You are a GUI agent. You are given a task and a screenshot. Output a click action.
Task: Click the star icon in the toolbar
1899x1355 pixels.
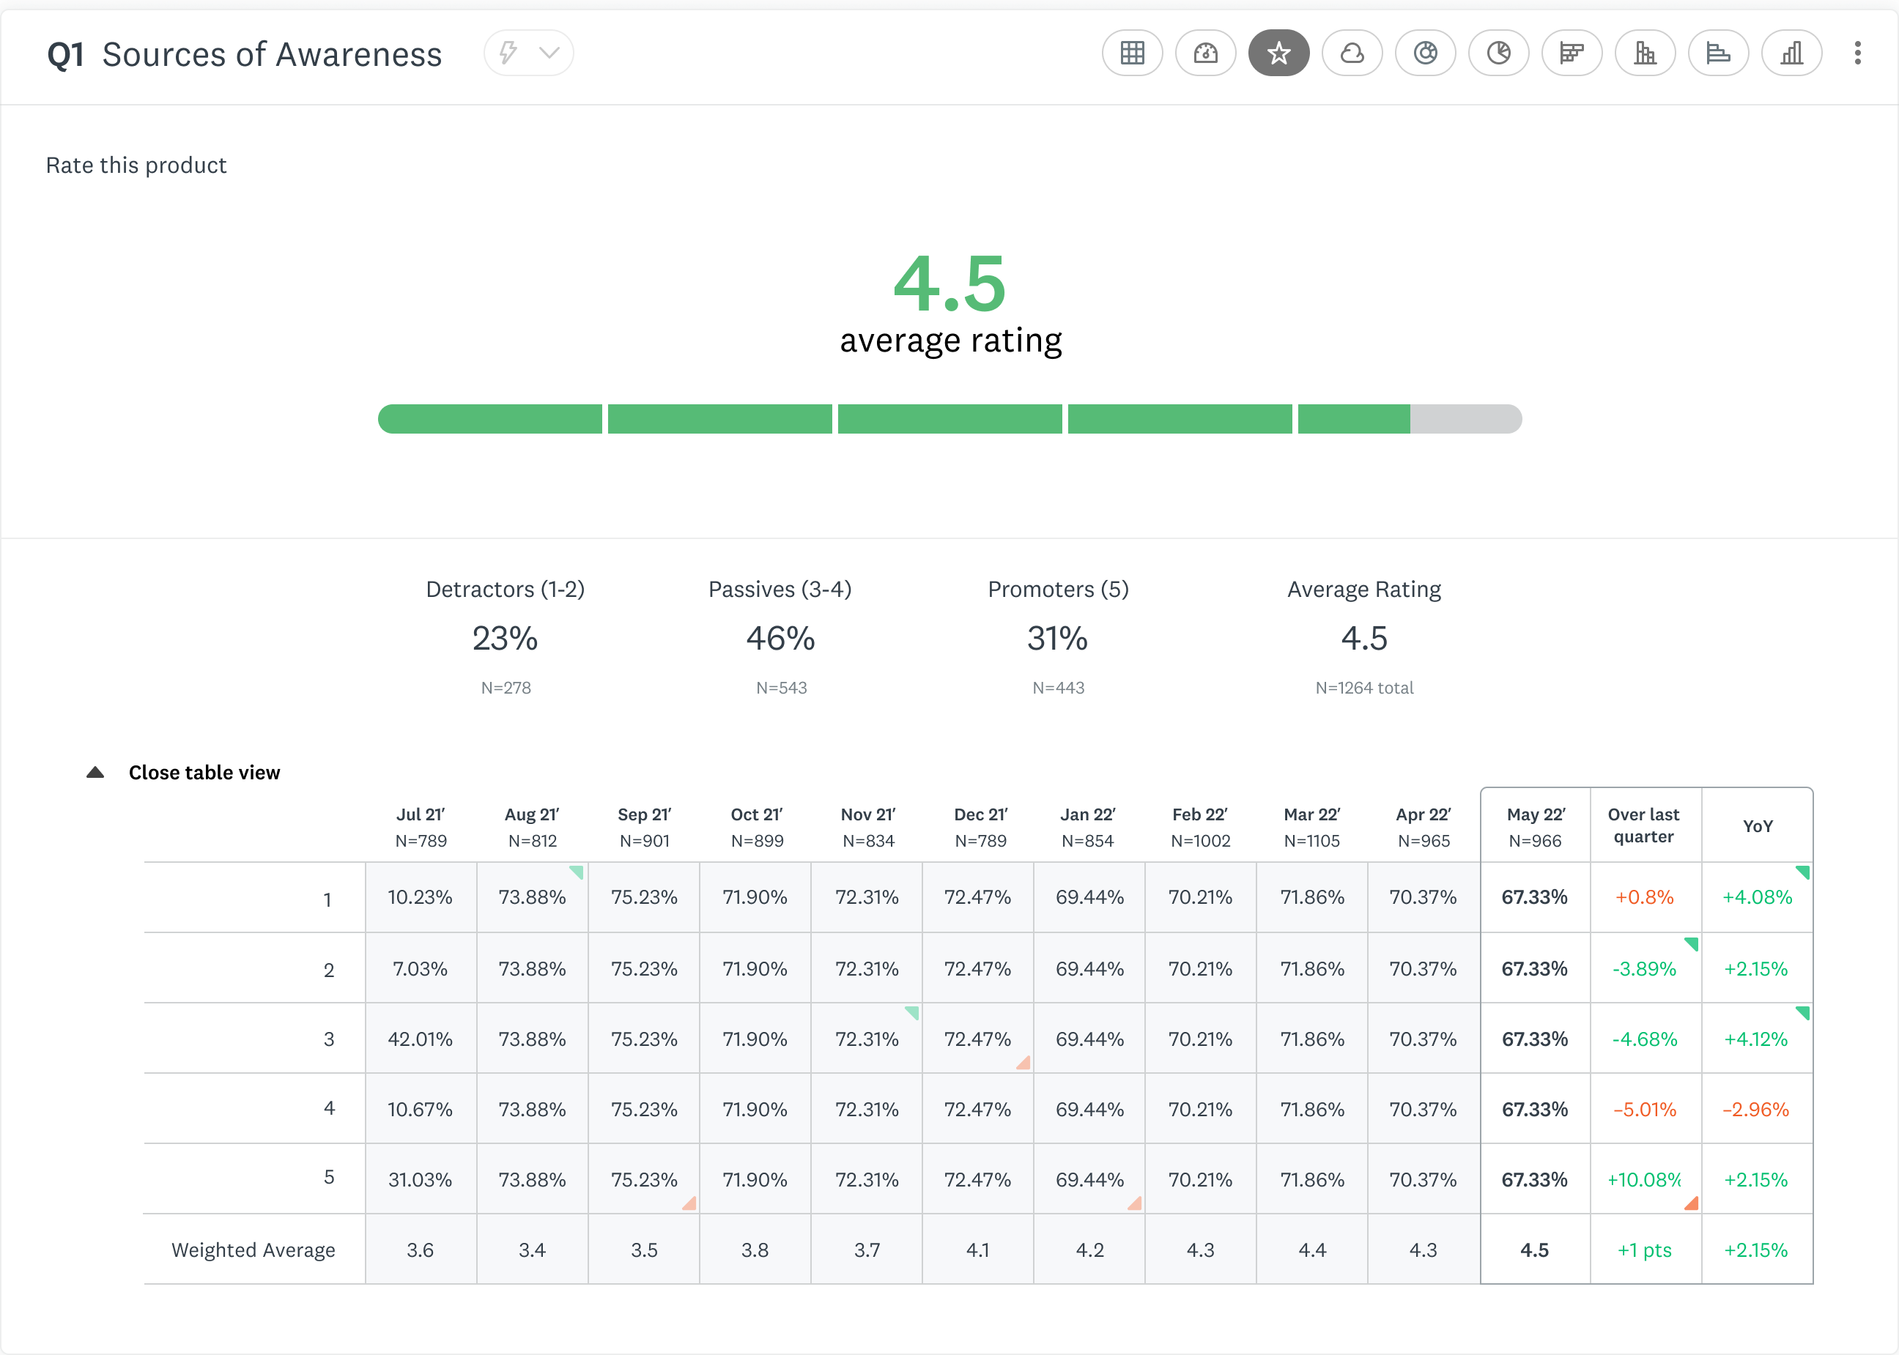click(1278, 53)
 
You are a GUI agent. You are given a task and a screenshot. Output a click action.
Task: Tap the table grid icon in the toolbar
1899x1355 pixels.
click(1132, 53)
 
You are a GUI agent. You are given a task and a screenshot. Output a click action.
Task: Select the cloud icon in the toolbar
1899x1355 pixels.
click(1352, 53)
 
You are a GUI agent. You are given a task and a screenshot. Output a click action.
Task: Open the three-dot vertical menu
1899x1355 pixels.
click(1857, 53)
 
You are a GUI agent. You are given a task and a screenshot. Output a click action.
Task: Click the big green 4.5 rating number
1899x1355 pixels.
click(949, 283)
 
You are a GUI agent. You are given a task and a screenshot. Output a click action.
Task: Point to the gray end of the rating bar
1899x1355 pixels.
click(1466, 419)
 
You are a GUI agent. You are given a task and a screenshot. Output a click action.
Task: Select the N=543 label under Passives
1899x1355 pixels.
click(781, 688)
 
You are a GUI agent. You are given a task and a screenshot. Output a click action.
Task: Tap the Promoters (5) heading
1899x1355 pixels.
click(1058, 589)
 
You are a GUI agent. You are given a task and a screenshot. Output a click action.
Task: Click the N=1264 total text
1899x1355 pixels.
click(1364, 688)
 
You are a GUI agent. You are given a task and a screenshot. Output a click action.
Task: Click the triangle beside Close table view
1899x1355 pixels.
click(95, 773)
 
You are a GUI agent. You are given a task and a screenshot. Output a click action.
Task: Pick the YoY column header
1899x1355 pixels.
click(1757, 826)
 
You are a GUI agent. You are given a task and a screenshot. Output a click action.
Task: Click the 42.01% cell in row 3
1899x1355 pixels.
click(420, 1039)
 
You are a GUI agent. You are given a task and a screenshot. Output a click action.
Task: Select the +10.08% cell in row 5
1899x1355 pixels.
click(1644, 1180)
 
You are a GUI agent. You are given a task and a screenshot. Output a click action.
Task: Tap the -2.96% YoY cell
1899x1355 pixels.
click(1756, 1110)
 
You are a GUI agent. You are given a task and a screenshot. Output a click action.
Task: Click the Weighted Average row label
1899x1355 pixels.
click(253, 1250)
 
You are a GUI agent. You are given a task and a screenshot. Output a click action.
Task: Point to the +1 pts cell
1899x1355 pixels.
click(1645, 1250)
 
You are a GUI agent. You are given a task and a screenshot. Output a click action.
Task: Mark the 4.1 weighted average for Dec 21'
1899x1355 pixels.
click(978, 1250)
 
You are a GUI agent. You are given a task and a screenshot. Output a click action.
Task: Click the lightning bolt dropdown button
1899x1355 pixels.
click(528, 53)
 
